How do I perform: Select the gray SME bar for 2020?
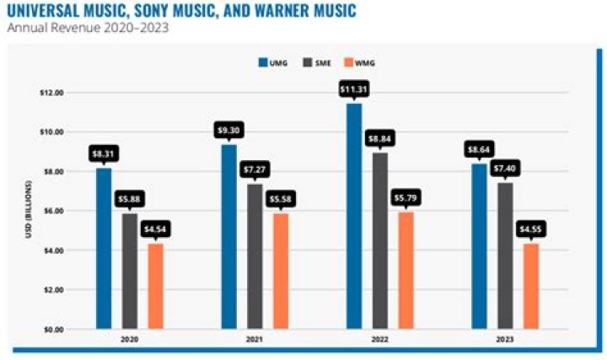[x=129, y=271]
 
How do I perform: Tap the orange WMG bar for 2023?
[x=530, y=286]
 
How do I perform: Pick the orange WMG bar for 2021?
[x=280, y=271]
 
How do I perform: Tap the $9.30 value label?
[x=228, y=132]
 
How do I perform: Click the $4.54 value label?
[x=155, y=230]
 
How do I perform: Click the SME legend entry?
[x=314, y=62]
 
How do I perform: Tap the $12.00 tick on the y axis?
[x=52, y=93]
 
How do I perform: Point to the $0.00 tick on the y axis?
[x=54, y=329]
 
